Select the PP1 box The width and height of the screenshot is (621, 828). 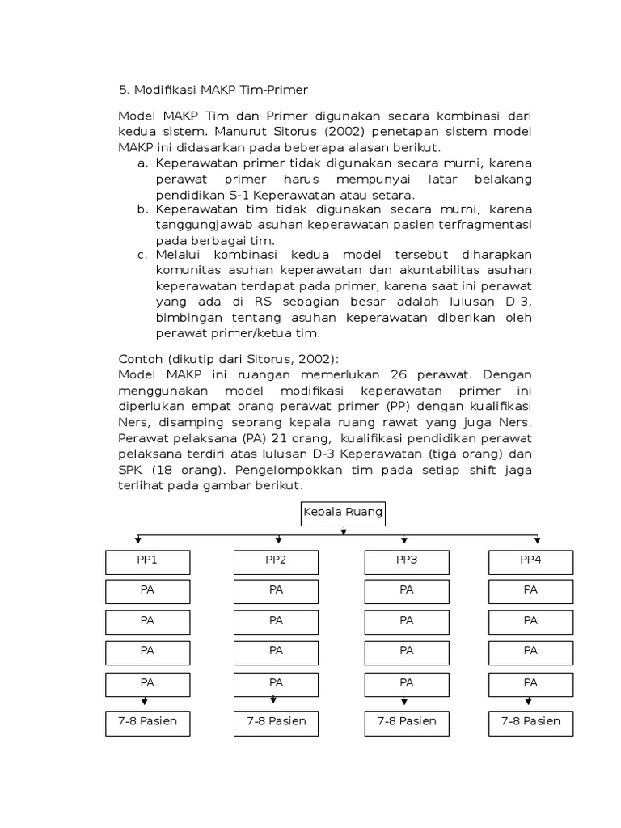147,561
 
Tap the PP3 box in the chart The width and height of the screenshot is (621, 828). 406,561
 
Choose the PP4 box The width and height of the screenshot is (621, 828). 530,561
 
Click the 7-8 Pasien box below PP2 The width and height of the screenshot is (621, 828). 276,722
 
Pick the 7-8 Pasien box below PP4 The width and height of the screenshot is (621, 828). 530,722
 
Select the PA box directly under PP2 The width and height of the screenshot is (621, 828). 276,591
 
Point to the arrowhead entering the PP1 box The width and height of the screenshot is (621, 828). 139,539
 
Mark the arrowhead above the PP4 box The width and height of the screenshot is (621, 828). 538,539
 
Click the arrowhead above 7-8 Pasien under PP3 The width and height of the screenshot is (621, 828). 404,702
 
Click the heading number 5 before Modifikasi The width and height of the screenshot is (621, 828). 122,90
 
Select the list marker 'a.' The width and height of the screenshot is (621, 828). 142,163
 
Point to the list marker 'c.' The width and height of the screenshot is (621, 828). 142,255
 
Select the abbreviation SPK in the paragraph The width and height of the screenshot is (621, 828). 132,471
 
